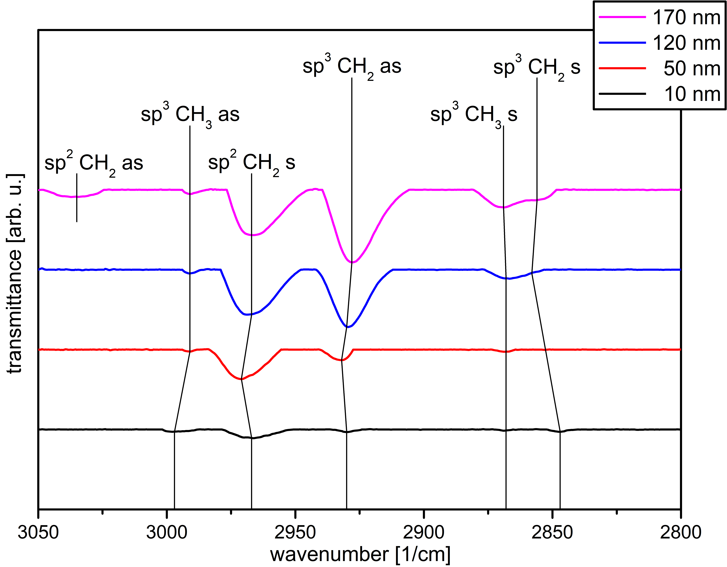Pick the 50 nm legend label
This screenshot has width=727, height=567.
(x=692, y=69)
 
